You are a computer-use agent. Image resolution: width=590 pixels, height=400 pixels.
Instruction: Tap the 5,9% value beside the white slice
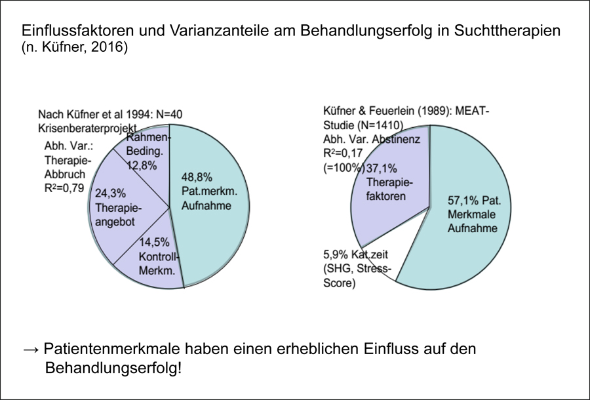[x=335, y=254]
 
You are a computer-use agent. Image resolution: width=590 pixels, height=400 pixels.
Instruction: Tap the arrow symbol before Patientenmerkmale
[x=31, y=350]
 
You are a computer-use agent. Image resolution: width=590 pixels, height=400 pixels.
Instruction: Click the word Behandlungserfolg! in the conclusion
[x=113, y=369]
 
